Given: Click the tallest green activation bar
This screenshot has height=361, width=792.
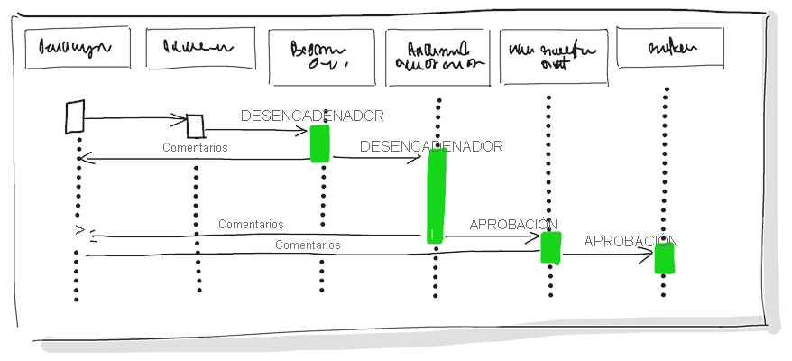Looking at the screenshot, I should coord(437,195).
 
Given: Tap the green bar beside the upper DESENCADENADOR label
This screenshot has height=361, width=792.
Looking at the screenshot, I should coord(319,143).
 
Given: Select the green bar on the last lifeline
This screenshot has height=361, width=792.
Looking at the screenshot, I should coord(664,258).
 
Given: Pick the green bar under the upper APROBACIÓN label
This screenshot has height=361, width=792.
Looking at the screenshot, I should coord(550,247).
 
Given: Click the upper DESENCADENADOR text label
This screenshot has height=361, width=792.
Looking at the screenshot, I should coord(312,116).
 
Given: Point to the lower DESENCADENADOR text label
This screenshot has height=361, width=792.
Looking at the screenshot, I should coord(431,146).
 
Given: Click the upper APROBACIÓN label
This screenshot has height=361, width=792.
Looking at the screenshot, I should coord(513,224).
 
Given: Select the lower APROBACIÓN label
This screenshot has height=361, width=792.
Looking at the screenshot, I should coord(631,241).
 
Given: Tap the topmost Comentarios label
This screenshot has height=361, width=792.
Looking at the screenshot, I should coord(195,147).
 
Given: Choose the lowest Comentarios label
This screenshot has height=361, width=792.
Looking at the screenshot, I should coord(308,245).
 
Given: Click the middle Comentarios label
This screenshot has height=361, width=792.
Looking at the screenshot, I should coord(251,224).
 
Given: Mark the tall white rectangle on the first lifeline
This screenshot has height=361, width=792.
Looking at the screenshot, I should coord(75,117).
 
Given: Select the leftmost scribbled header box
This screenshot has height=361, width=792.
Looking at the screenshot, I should coord(77,49).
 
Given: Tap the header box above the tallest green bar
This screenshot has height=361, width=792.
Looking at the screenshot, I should coord(437,57).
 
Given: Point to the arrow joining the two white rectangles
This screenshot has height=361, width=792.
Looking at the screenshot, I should coord(135,117).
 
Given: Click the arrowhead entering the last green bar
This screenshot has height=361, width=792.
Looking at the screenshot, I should coord(648,255).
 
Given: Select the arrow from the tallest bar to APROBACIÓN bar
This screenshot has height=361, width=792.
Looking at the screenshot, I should coord(492,237).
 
